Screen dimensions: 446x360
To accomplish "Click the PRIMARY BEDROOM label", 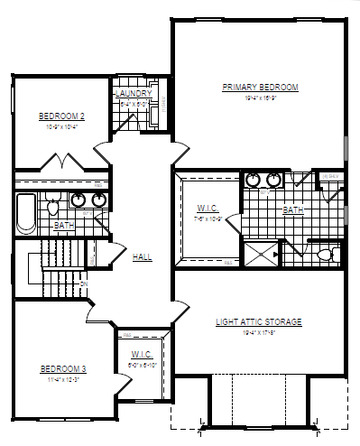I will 260,88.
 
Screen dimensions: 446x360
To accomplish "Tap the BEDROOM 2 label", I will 61,116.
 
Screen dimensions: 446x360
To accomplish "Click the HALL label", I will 142,257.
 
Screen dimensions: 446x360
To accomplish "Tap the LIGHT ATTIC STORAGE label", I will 258,321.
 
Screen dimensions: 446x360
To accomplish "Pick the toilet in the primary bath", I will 324,254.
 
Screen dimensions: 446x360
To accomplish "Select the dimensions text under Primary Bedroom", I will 260,98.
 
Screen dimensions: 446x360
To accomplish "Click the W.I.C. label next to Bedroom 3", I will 140,354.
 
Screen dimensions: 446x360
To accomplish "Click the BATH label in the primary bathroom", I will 293,209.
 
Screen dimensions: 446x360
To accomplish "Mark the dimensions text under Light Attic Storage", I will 258,332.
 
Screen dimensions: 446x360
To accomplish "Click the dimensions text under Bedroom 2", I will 61,127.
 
